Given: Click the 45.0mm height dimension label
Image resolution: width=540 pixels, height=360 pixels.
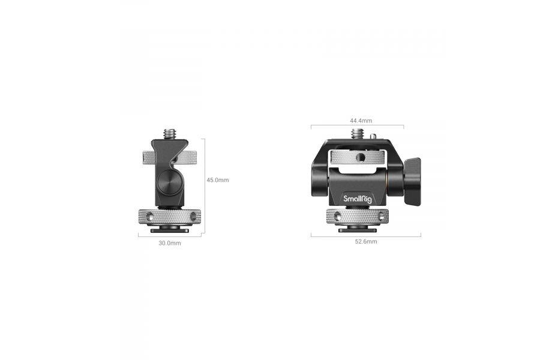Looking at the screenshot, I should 218,180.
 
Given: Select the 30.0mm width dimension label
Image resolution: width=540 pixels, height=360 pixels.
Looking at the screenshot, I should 170,243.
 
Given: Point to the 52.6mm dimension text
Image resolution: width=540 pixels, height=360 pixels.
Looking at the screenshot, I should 366,241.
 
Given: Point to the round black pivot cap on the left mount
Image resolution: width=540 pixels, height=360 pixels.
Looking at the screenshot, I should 169,180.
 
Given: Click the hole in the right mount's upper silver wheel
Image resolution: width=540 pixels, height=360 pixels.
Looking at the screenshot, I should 360,158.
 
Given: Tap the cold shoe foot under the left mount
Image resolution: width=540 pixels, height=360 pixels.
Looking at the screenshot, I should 169,229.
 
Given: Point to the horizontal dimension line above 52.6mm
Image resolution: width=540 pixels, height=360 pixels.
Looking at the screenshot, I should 365,235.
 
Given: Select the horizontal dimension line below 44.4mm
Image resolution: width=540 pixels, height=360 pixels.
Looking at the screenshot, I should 357,127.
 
